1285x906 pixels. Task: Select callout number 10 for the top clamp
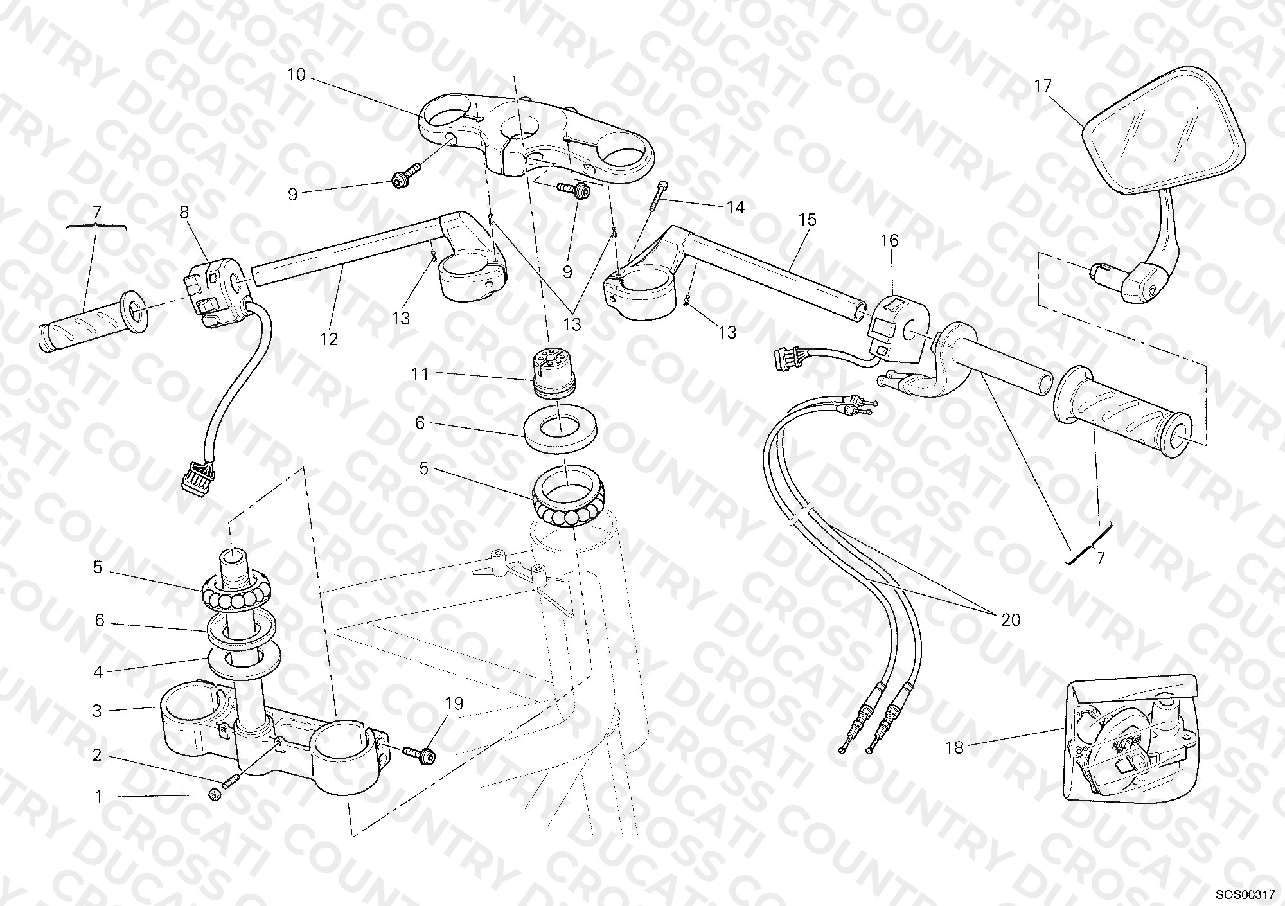coord(296,75)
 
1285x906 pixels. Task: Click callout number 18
coord(955,747)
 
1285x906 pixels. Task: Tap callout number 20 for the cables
coord(1011,619)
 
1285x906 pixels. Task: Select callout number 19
coord(454,704)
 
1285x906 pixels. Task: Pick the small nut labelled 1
coord(216,795)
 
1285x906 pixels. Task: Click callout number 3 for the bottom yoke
coord(97,711)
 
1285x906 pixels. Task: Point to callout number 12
coord(329,339)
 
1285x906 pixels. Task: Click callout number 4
coord(98,672)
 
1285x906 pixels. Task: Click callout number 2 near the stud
coord(97,755)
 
